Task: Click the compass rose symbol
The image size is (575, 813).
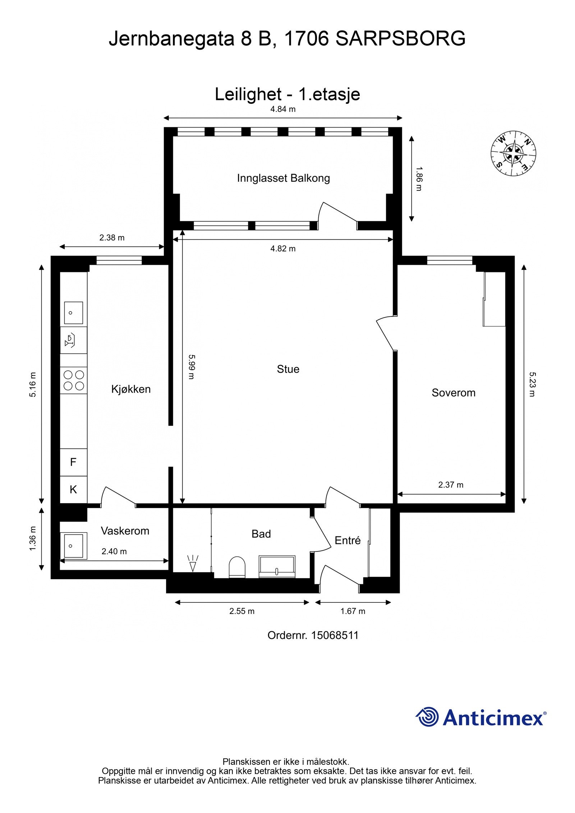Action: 513,154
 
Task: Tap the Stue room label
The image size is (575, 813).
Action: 288,369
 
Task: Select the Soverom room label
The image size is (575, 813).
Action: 453,393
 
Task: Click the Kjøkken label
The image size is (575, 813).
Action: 131,389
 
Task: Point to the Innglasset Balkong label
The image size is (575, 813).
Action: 283,178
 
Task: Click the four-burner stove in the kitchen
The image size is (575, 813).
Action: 74,380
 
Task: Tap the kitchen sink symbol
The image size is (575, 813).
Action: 73,313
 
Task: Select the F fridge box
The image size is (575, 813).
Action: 73,462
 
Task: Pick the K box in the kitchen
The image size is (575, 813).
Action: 73,489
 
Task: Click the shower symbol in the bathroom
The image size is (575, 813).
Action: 193,563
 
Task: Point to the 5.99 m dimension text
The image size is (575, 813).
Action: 191,367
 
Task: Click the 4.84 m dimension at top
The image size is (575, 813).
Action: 283,109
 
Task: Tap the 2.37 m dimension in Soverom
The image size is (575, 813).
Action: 451,485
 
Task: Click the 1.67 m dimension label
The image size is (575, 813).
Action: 353,611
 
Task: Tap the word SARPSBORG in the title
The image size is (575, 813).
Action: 400,38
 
